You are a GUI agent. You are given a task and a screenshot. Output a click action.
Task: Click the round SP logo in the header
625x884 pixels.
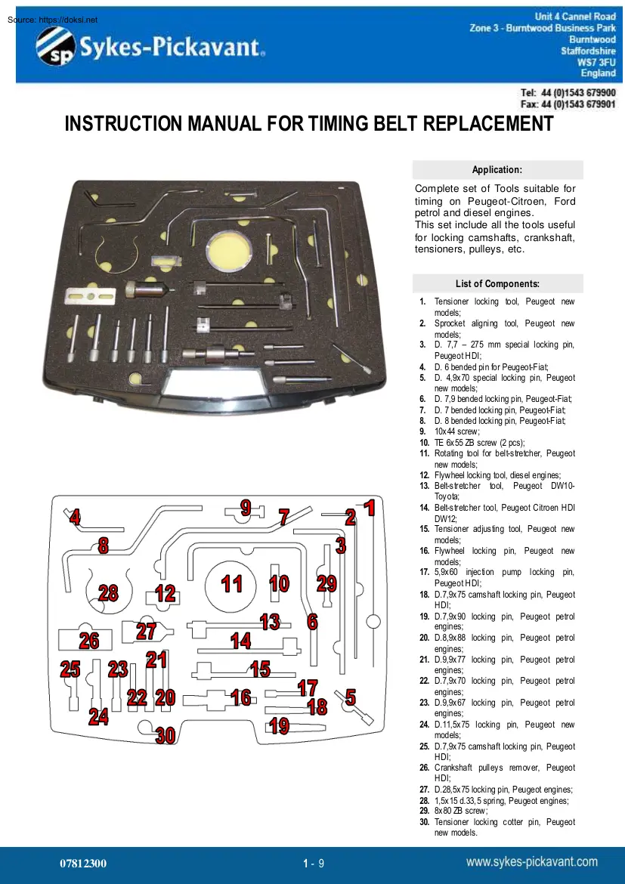click(54, 47)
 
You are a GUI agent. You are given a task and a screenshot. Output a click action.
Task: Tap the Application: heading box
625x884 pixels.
click(497, 170)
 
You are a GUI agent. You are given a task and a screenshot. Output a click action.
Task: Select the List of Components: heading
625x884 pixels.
click(497, 284)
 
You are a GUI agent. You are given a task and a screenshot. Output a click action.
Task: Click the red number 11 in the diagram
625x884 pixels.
click(231, 584)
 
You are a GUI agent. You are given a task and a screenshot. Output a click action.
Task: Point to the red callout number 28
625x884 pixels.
click(108, 593)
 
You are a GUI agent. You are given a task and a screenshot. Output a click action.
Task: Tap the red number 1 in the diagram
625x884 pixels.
click(369, 508)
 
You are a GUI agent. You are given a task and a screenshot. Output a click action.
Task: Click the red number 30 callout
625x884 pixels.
click(166, 735)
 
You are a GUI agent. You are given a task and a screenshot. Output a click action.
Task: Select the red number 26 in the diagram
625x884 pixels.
click(89, 641)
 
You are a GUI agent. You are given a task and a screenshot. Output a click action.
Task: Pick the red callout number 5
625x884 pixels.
click(351, 697)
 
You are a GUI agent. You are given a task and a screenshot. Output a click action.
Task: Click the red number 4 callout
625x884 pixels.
click(74, 518)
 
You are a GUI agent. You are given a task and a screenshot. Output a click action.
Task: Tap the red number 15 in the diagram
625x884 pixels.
click(260, 669)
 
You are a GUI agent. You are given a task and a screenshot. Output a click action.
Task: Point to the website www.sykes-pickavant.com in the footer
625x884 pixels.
click(531, 862)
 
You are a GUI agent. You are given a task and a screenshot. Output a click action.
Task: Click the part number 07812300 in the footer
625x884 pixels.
click(83, 863)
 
